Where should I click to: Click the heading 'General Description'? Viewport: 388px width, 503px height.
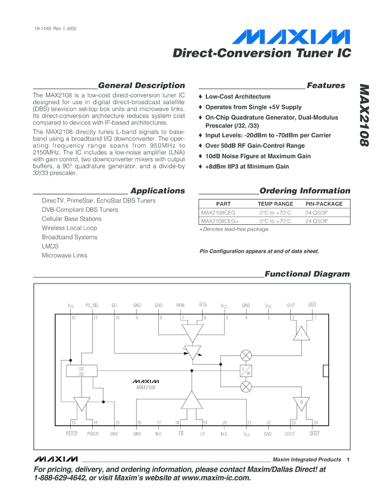[x=141, y=85]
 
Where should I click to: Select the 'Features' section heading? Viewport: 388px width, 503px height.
[x=326, y=85]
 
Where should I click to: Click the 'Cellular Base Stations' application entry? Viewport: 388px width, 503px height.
[x=71, y=219]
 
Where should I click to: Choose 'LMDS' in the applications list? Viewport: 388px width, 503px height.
[x=50, y=246]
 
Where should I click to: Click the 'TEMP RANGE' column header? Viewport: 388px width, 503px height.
[x=275, y=204]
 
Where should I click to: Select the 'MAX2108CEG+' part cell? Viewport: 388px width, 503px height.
[x=220, y=221]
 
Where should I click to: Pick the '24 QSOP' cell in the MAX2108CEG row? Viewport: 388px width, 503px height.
[x=317, y=212]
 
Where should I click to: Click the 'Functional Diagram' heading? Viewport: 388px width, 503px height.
[x=307, y=274]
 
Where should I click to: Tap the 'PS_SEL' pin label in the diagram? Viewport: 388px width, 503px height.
[x=92, y=305]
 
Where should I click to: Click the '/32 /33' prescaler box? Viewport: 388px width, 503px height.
[x=81, y=372]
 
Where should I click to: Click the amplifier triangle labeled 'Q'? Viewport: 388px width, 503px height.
[x=302, y=402]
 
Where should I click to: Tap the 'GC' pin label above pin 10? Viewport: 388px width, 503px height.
[x=115, y=305]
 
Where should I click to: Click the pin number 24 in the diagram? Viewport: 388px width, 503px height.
[x=315, y=423]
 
